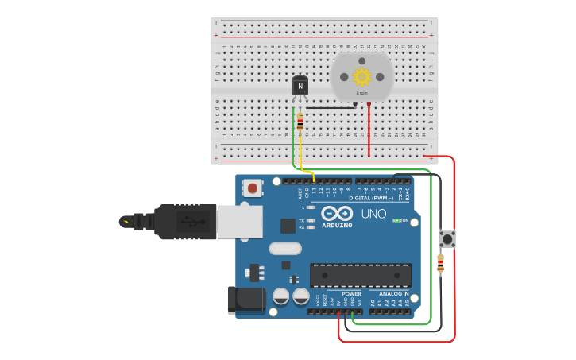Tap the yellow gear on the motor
(362, 76)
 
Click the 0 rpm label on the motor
(362, 93)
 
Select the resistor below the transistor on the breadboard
(300, 122)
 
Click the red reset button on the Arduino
(253, 188)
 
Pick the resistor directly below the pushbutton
(440, 264)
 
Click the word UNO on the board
(373, 214)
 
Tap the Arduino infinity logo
(337, 212)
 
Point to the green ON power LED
(396, 220)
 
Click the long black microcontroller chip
(360, 275)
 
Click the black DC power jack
(245, 299)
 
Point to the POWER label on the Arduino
(351, 294)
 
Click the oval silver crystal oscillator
(285, 248)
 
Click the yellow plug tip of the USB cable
(126, 222)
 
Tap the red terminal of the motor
(369, 104)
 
